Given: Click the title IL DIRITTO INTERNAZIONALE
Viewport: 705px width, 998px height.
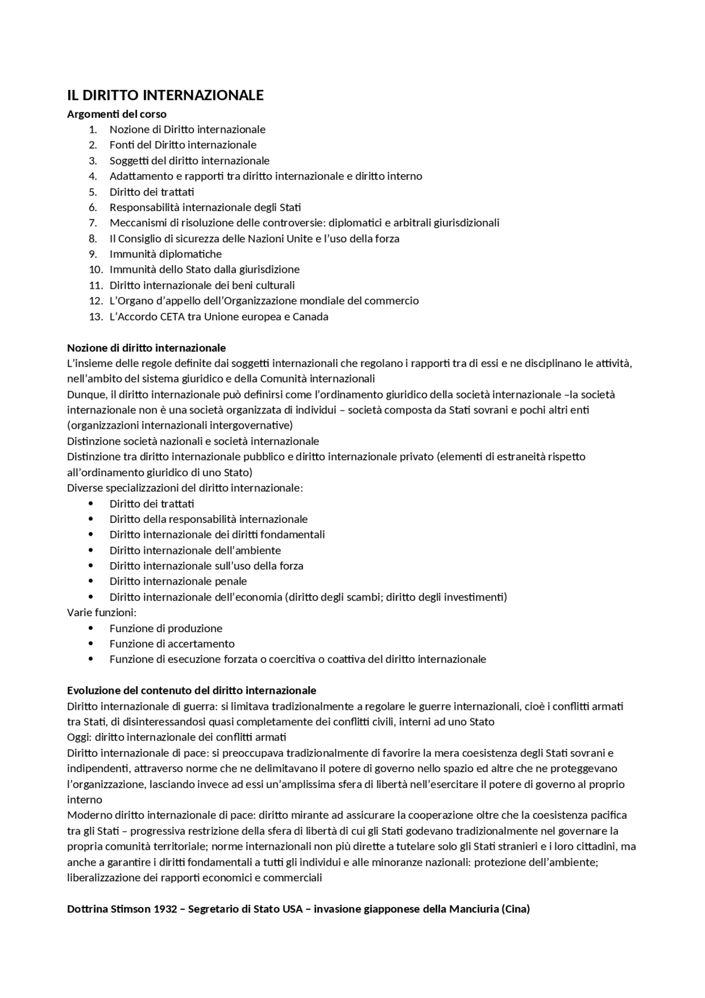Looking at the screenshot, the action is coord(165,95).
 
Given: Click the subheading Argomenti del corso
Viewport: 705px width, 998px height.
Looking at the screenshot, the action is coord(116,114).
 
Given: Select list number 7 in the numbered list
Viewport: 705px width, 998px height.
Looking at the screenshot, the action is coord(93,223).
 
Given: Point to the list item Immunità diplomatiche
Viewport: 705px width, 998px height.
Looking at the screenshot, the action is coord(165,254).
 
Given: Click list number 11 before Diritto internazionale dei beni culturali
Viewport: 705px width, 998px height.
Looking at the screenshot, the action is coord(96,285).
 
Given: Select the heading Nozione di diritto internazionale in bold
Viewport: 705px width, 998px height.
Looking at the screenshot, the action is coord(146,348).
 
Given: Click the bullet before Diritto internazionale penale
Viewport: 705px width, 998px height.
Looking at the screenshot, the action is coord(91,581).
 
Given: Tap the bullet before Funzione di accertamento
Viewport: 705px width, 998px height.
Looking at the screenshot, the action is coord(91,644).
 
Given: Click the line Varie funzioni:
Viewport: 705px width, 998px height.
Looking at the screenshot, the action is coord(101,612).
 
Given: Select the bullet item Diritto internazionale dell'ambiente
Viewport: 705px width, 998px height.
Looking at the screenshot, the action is coord(195,550).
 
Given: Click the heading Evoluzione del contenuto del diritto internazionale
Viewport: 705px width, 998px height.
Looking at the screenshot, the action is coord(191,690).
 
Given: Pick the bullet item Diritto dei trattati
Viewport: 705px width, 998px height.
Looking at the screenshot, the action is coord(151,503).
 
